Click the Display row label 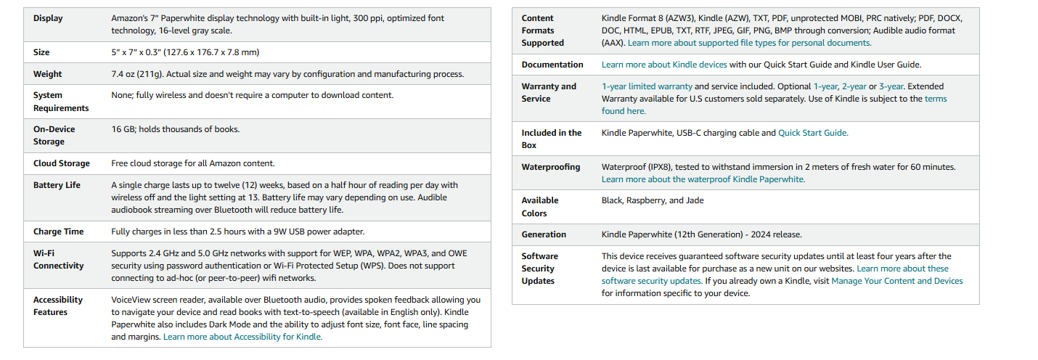pos(48,18)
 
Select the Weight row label pos(48,74)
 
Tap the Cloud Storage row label pos(62,163)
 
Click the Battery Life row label pos(57,185)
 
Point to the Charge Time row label pos(58,232)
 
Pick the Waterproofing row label pos(551,167)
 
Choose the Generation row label pos(544,234)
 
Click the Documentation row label pos(552,65)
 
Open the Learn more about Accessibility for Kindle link pos(242,337)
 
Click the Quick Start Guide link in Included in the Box pos(812,133)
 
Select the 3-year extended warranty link pos(891,86)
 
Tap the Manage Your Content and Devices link pos(897,281)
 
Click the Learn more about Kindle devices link pos(664,65)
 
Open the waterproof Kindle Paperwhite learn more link pos(703,179)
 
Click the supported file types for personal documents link pos(749,43)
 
